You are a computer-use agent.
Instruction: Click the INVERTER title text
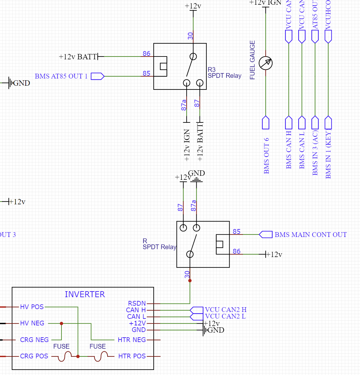pos(85,294)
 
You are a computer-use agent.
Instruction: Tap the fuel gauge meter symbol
pos(266,63)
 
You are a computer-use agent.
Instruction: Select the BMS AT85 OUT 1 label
pos(61,76)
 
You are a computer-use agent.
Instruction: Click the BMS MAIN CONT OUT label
pos(310,235)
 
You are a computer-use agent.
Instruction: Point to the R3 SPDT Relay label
pos(224,73)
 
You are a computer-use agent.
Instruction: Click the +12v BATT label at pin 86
pos(78,57)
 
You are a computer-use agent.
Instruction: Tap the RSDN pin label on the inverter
pos(137,303)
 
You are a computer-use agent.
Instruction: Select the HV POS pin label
pos(32,307)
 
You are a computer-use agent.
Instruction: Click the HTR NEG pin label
pos(132,340)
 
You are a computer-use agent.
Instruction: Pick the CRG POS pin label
pos(34,356)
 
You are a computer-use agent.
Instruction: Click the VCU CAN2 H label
pos(226,310)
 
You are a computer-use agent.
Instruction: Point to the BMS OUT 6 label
pos(267,156)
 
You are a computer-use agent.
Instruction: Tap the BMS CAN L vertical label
pos(302,150)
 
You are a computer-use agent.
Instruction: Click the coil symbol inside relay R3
pos(163,67)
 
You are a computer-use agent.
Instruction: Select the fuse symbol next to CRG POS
pos(65,356)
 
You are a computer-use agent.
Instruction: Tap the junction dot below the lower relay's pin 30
pos(190,281)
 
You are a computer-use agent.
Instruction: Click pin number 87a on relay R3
pos(184,105)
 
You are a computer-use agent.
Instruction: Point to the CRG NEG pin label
pos(34,340)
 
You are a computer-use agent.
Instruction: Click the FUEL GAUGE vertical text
pos(252,60)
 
